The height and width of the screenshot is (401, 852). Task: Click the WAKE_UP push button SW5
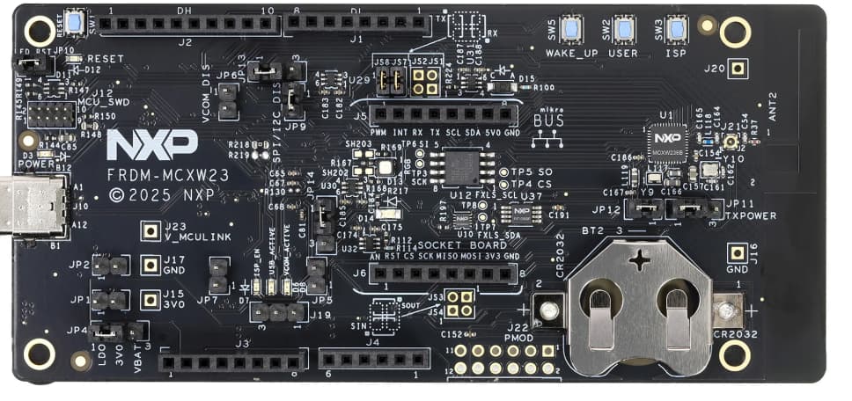pos(569,29)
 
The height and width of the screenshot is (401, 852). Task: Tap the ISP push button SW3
pos(677,29)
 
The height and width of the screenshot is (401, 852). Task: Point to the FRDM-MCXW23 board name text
pos(168,176)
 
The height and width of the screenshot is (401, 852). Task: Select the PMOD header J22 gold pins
pos(503,358)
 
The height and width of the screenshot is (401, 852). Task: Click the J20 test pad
pos(738,68)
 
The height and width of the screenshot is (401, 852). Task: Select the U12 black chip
pos(461,166)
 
